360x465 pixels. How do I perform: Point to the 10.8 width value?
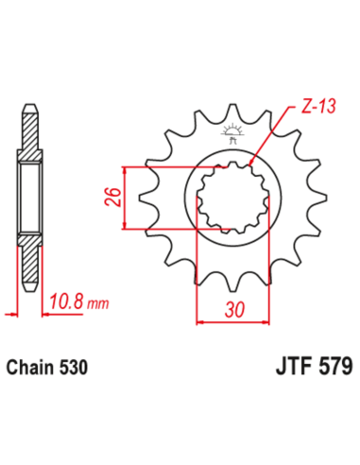(64, 302)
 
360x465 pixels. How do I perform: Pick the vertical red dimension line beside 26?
(124, 198)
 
